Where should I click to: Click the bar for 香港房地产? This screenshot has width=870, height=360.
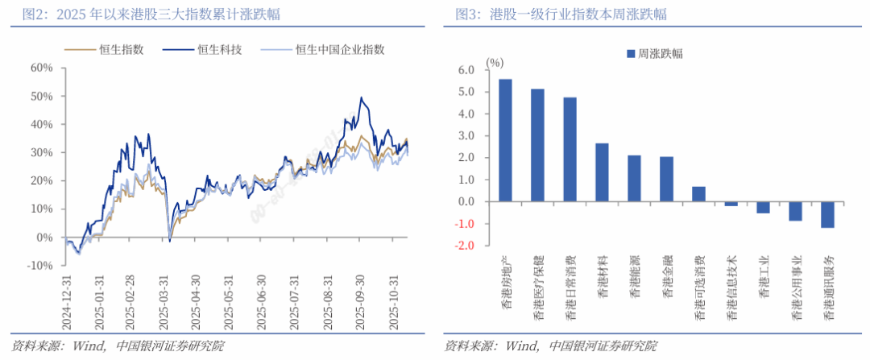[x=505, y=140]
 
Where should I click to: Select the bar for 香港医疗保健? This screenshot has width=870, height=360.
[x=537, y=145]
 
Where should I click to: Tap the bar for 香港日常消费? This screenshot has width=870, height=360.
[x=570, y=149]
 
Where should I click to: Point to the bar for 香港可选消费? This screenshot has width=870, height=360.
[x=698, y=194]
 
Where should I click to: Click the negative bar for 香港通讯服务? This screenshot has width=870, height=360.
[x=827, y=214]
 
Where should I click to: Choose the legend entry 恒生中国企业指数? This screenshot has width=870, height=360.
[x=339, y=50]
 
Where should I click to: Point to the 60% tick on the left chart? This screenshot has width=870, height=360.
[x=41, y=68]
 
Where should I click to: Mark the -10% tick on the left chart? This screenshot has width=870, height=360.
[x=39, y=266]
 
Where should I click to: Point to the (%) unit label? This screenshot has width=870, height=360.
[x=495, y=61]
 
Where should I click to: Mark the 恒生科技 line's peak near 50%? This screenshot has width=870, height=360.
[x=362, y=98]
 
